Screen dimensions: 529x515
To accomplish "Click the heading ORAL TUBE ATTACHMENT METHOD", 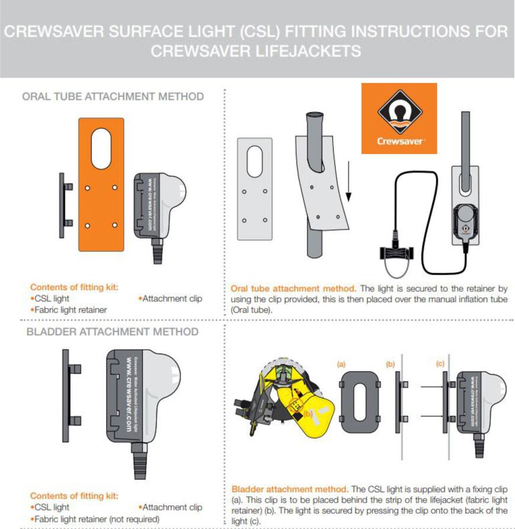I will [x=112, y=96].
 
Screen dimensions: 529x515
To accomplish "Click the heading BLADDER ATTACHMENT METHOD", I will [x=112, y=331].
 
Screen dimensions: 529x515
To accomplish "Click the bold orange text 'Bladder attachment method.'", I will [x=289, y=490].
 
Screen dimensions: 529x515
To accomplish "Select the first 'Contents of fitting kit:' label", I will [x=74, y=288].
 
